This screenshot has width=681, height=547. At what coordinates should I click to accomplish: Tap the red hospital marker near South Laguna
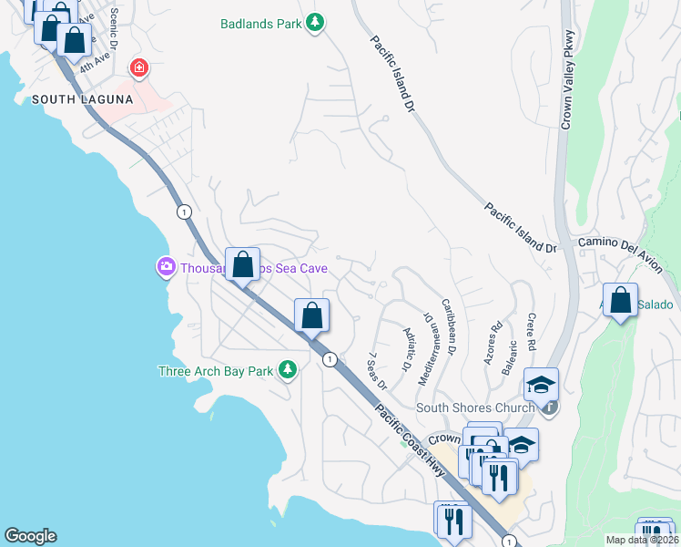[138, 67]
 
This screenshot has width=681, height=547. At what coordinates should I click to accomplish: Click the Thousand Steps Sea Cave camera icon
[165, 267]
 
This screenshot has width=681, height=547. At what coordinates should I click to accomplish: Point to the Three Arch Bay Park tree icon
[288, 369]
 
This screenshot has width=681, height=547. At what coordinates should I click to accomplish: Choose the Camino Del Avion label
[625, 243]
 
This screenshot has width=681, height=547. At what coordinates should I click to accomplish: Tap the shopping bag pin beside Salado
[620, 302]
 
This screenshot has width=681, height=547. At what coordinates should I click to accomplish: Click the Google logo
[30, 536]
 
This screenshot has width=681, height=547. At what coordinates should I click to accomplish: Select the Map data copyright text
[641, 540]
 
